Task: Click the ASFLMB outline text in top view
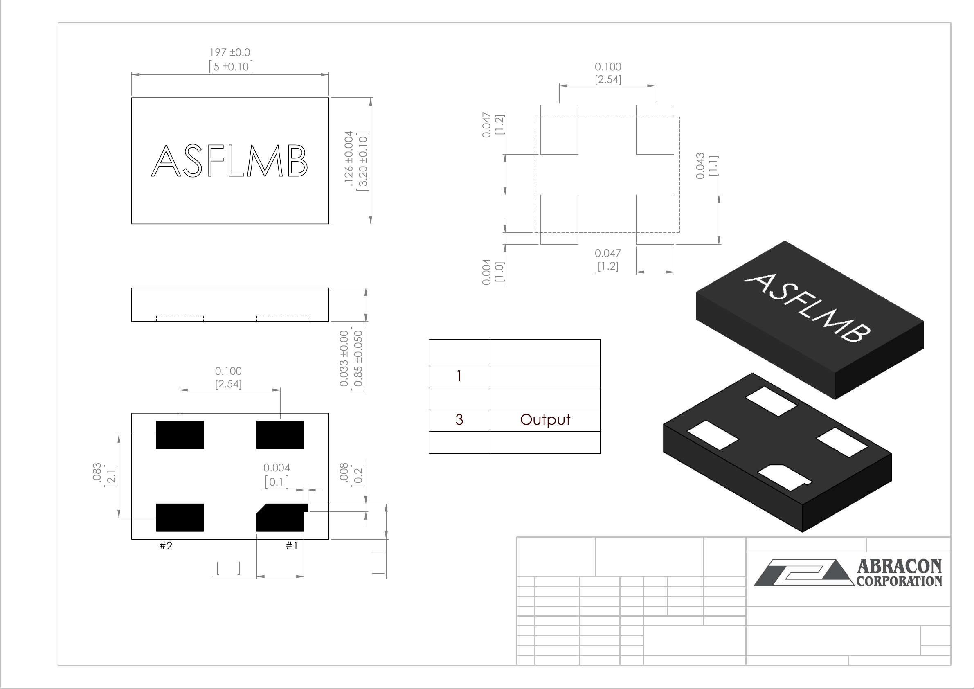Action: tap(229, 161)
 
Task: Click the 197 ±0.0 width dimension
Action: tap(229, 53)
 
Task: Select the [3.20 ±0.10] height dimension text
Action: tap(364, 162)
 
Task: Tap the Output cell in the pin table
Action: tap(545, 420)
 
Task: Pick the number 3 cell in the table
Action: tap(459, 420)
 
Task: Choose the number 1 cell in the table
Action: tap(459, 376)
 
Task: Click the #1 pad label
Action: tap(291, 546)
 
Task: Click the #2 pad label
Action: tap(166, 546)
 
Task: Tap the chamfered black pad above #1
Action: tap(280, 518)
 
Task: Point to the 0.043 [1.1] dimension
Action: tap(706, 165)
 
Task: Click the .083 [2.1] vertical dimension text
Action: tap(103, 475)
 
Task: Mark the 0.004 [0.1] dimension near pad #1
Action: tap(277, 475)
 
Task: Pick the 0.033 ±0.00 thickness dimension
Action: tap(344, 359)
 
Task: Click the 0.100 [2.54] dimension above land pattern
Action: tap(607, 73)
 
